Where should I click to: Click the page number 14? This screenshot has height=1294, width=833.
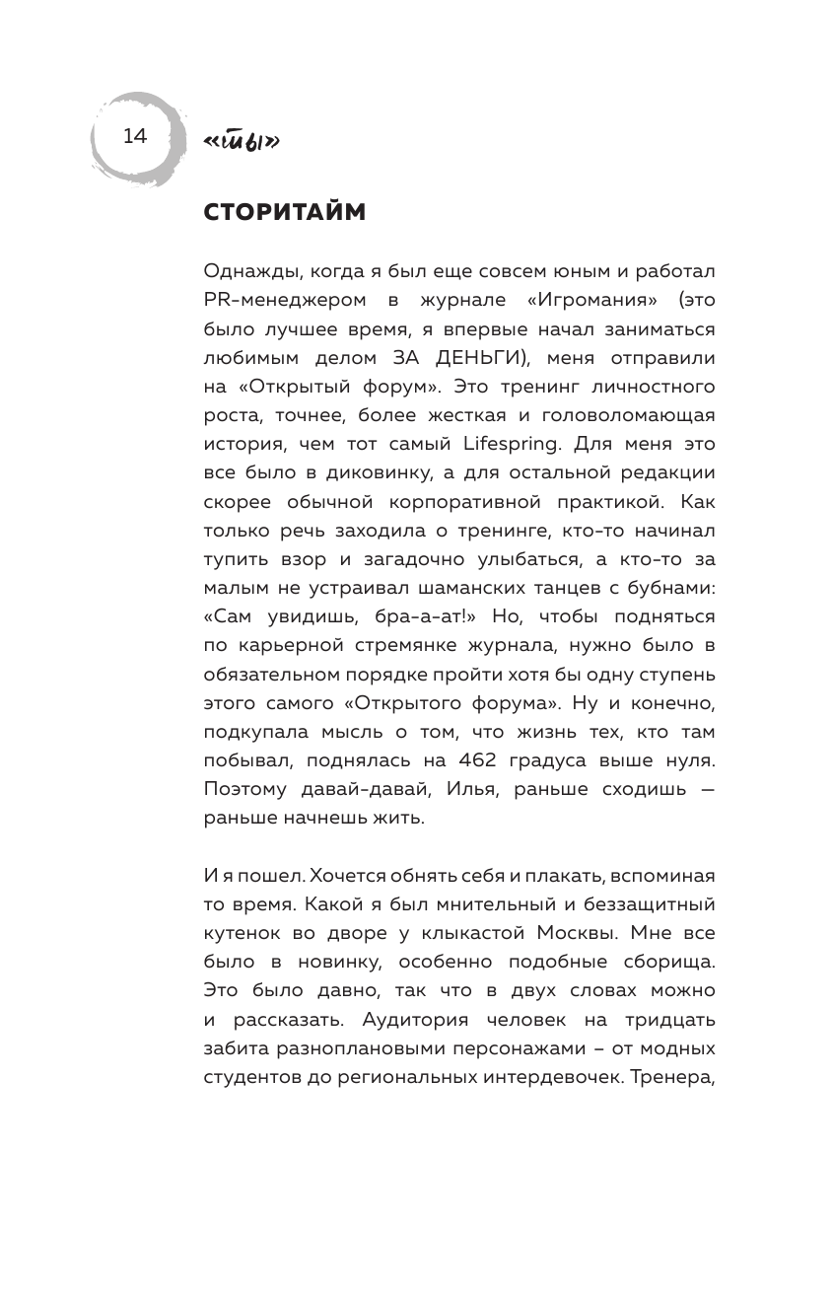pos(134,136)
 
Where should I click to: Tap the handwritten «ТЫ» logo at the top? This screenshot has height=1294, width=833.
pos(241,143)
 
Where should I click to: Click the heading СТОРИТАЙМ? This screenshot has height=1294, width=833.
pos(284,212)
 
